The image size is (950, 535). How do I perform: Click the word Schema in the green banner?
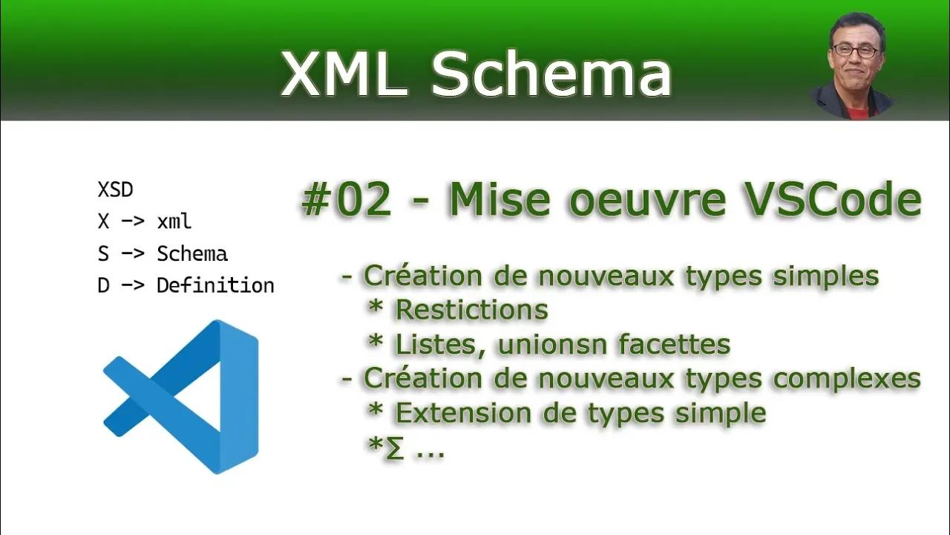551,74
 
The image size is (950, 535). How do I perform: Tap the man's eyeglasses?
855,51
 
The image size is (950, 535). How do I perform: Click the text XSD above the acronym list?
115,190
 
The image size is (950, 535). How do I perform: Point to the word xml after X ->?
174,221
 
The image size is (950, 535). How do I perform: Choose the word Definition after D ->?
215,285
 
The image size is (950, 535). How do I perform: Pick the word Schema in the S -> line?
192,253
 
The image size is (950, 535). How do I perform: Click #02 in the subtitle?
346,201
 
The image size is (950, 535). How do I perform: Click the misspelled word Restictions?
472,310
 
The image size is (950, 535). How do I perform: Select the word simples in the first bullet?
825,276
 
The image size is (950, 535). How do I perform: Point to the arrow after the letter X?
132,221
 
